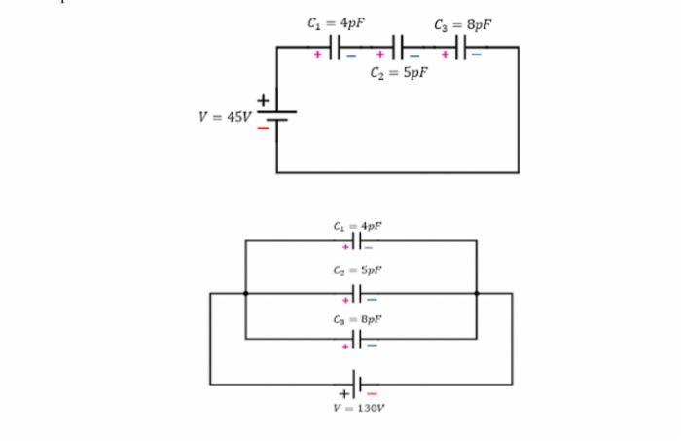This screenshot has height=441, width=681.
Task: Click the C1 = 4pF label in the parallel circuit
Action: tap(357, 225)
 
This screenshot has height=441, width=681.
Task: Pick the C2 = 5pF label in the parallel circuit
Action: tap(357, 270)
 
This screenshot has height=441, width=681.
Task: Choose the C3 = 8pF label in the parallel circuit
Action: tap(357, 317)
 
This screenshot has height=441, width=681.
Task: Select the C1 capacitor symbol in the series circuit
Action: tap(336, 46)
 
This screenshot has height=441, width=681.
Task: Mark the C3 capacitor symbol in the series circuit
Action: tap(461, 46)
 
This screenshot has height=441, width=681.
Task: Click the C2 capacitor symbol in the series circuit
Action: tap(398, 46)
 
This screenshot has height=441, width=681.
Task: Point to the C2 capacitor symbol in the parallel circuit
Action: tap(357, 292)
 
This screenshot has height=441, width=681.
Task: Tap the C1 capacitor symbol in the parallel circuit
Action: tap(357, 240)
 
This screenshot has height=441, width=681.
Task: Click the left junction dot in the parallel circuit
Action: tap(245, 292)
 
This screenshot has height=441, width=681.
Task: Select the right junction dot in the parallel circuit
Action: tap(477, 292)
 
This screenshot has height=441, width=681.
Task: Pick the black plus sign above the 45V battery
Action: tap(262, 100)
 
